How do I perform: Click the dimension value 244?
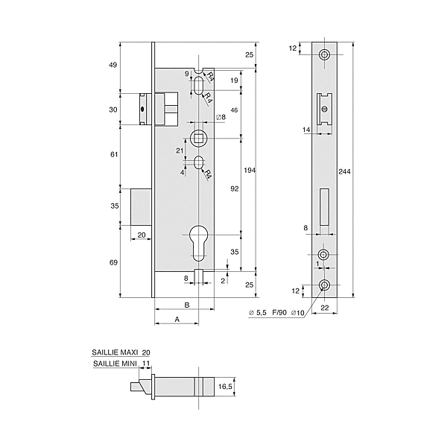point(344,171)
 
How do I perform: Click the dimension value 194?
point(250,171)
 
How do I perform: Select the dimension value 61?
point(114,154)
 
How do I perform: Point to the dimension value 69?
point(114,263)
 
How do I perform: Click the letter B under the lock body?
point(186,305)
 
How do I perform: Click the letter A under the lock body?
point(177,319)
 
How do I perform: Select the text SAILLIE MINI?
point(114,364)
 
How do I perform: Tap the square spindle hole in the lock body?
point(198,137)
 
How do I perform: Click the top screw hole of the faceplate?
point(325,56)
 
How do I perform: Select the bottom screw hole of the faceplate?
point(325,285)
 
